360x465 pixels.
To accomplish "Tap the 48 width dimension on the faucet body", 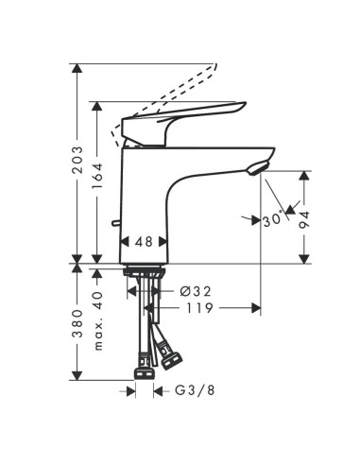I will point(144,242).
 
